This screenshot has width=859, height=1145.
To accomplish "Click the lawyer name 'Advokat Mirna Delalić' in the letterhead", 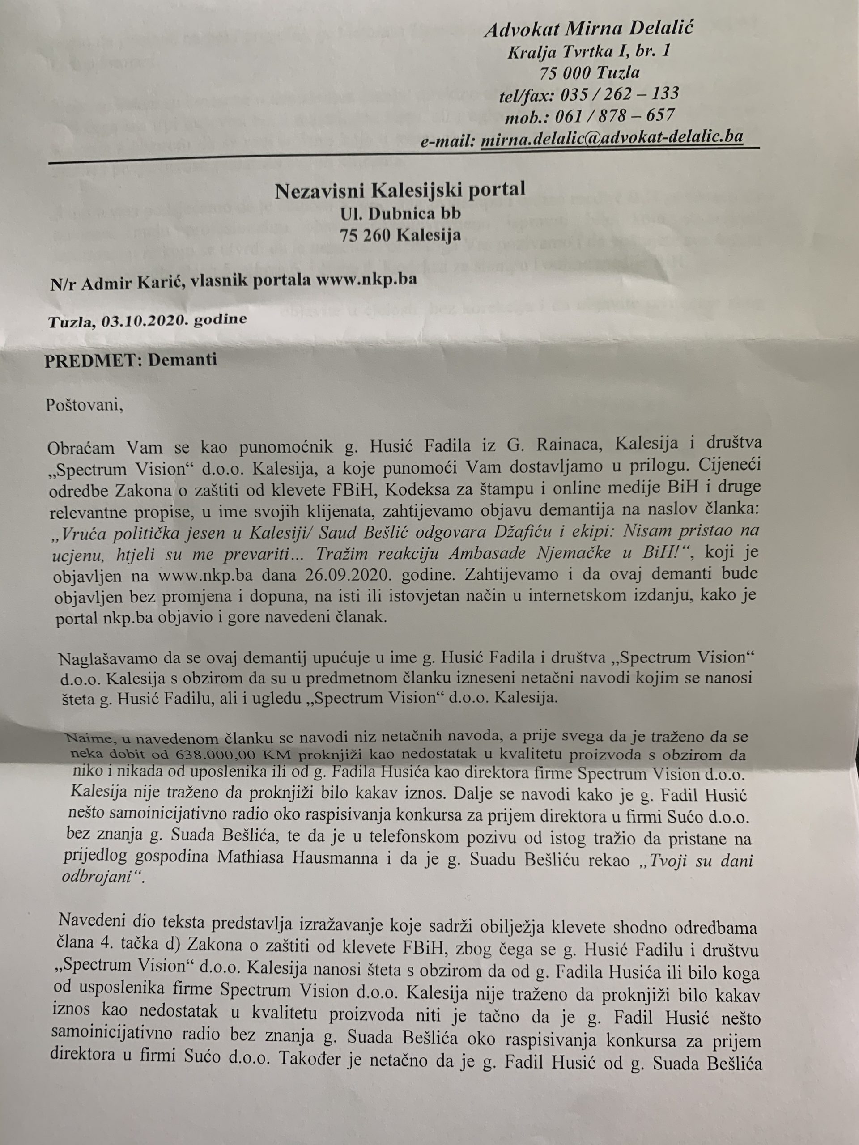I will click(589, 30).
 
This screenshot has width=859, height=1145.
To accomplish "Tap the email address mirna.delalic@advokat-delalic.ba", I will click(612, 138).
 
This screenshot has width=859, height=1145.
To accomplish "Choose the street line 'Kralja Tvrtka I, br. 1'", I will click(589, 51).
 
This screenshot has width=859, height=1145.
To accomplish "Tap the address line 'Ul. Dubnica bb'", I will click(400, 213).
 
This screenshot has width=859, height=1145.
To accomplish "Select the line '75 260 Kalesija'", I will click(400, 236).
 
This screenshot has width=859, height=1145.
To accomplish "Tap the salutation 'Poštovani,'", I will click(85, 404).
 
